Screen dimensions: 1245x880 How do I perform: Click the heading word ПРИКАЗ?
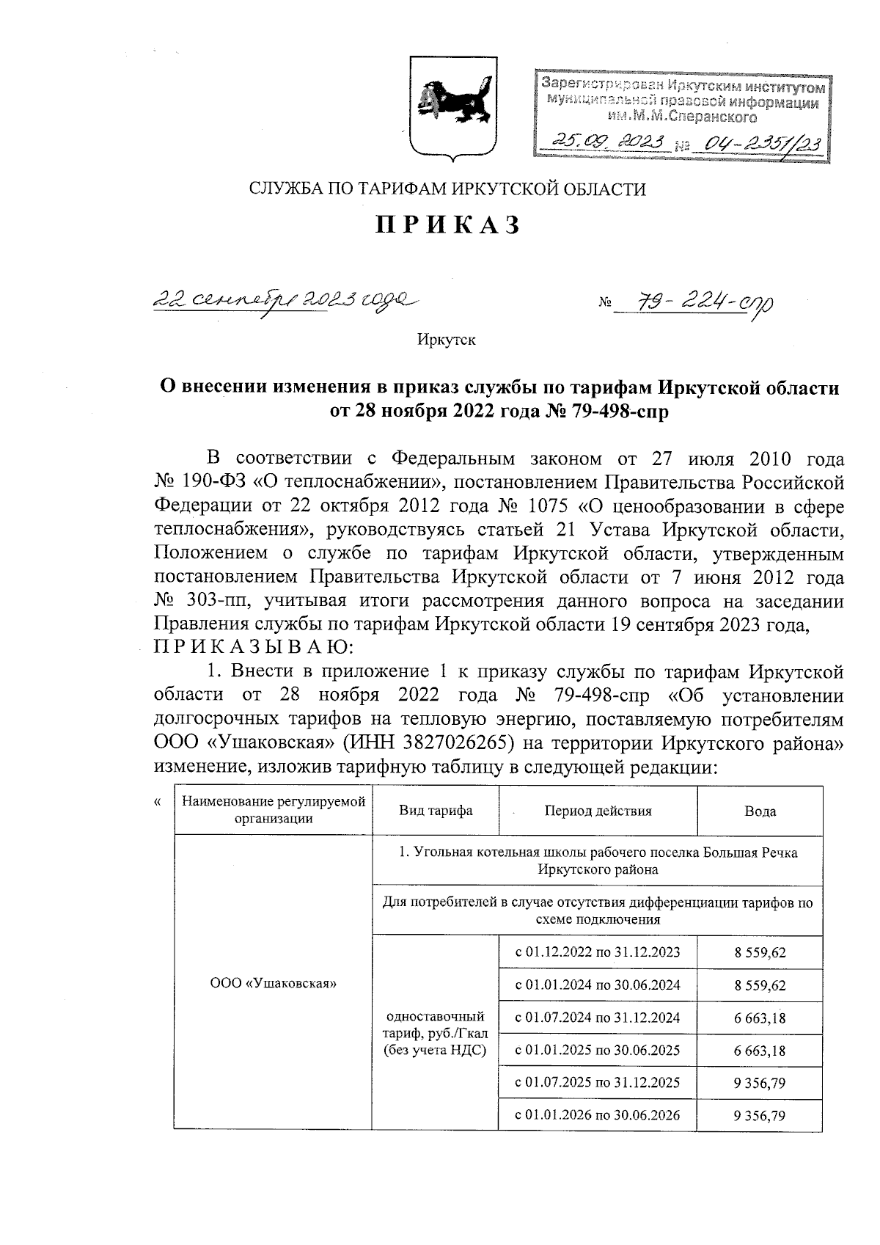tap(448, 225)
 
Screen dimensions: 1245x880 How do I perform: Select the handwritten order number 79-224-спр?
tap(698, 303)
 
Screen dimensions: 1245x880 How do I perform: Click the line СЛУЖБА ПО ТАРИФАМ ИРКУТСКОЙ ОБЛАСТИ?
tap(447, 190)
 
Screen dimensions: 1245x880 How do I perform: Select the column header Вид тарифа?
tap(436, 811)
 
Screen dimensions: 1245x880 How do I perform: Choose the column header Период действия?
tap(598, 811)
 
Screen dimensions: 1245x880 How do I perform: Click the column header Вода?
tap(760, 811)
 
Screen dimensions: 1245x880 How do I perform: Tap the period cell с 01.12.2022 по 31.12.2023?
tap(598, 952)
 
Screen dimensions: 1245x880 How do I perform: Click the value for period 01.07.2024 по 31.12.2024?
tap(760, 1018)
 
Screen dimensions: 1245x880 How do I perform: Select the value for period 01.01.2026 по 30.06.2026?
tap(760, 1116)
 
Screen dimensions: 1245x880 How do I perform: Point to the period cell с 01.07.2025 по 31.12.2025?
tap(598, 1082)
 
